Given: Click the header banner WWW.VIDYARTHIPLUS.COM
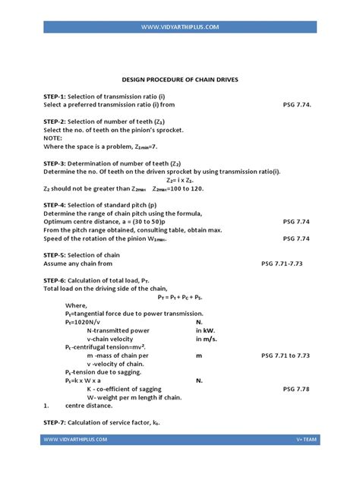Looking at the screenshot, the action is (x=180, y=27).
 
